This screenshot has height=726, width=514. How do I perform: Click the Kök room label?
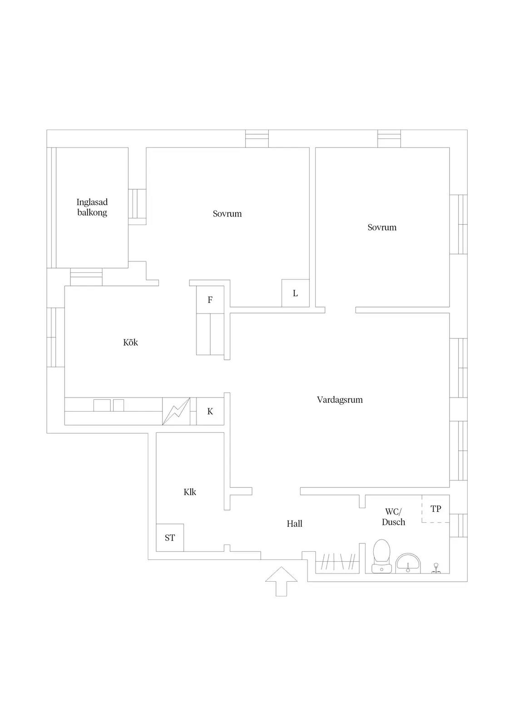[x=130, y=342]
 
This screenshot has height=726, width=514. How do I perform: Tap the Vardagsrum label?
[x=340, y=400]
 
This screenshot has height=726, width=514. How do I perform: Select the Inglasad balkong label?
[x=92, y=207]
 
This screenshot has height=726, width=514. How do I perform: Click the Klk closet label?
[x=190, y=492]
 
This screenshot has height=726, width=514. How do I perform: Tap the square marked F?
[x=210, y=299]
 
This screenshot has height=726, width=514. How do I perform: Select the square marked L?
[x=295, y=293]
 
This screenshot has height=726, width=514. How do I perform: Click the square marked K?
[x=210, y=411]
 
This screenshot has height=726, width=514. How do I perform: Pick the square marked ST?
[x=170, y=538]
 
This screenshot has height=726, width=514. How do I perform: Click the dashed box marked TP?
[x=435, y=509]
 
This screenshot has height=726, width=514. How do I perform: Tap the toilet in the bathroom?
[x=382, y=556]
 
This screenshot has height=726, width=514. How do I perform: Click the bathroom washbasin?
[x=408, y=563]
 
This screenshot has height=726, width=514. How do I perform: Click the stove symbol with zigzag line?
[x=176, y=411]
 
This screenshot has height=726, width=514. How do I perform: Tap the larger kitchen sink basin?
[x=102, y=406]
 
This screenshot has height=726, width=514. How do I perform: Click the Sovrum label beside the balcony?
[x=227, y=214]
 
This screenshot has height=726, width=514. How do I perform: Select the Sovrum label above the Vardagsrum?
[x=382, y=227]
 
